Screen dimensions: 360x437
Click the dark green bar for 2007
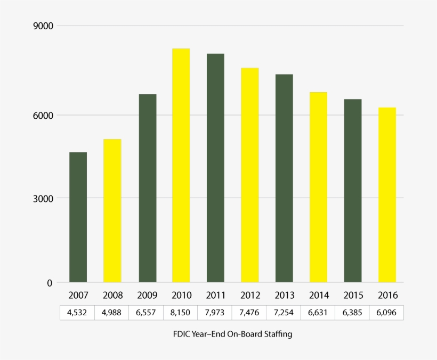pos(78,217)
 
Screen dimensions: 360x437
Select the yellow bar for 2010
pos(181,165)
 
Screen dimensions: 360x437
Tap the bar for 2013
pos(284,178)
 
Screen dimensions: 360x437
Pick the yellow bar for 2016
pos(387,195)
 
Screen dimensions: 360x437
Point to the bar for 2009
pos(147,188)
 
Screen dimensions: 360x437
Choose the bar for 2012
pos(249,175)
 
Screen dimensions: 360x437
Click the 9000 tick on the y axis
pos(43,26)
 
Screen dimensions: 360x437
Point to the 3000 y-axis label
pos(43,199)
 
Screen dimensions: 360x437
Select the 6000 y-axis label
pos(43,115)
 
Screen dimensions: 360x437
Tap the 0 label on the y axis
pos(50,283)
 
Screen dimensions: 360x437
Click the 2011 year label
pos(215,295)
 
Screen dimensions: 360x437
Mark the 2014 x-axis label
pos(318,295)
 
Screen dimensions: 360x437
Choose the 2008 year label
pos(112,295)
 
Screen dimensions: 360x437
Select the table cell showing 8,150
pos(181,313)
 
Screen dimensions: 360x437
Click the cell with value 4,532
pos(78,313)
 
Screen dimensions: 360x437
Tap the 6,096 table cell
pos(387,313)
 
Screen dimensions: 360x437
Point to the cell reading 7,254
pos(284,313)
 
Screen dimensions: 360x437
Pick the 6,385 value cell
pos(352,313)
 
